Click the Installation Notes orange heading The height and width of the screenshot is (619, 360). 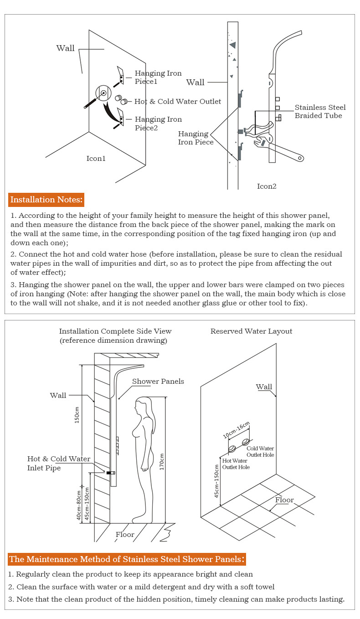tap(46, 200)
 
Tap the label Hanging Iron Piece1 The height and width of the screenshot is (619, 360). tap(158, 77)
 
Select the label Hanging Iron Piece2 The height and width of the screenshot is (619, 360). tap(158, 124)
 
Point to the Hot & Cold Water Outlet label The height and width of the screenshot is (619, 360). tap(178, 101)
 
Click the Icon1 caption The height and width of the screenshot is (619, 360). tap(96, 159)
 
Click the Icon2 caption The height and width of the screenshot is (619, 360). tap(267, 186)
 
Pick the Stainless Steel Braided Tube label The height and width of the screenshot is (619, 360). tap(320, 112)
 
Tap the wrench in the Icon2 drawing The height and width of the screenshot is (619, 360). tap(278, 148)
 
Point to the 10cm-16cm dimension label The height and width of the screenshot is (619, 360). tap(236, 430)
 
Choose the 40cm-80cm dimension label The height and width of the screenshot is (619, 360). tap(78, 505)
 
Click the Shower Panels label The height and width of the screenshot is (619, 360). tap(158, 381)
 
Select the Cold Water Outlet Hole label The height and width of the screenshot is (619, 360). tap(260, 452)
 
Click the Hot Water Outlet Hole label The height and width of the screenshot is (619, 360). tap(236, 464)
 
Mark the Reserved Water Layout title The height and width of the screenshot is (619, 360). tap(251, 331)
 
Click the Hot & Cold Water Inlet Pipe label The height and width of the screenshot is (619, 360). tap(58, 463)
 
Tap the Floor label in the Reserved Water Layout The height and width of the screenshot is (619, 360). tap(284, 500)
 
